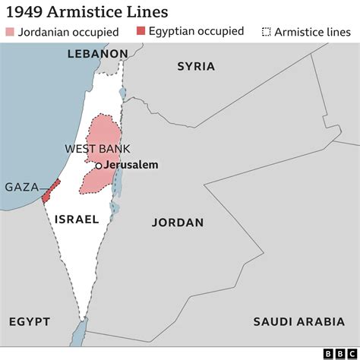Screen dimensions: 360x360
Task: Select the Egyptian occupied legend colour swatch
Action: (141, 32)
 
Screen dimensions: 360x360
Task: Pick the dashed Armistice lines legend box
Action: (266, 32)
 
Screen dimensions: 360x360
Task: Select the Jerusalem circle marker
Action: (98, 166)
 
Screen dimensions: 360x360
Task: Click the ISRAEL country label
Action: (77, 219)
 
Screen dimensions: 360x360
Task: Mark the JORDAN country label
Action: (178, 223)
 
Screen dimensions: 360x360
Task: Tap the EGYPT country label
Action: (29, 321)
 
